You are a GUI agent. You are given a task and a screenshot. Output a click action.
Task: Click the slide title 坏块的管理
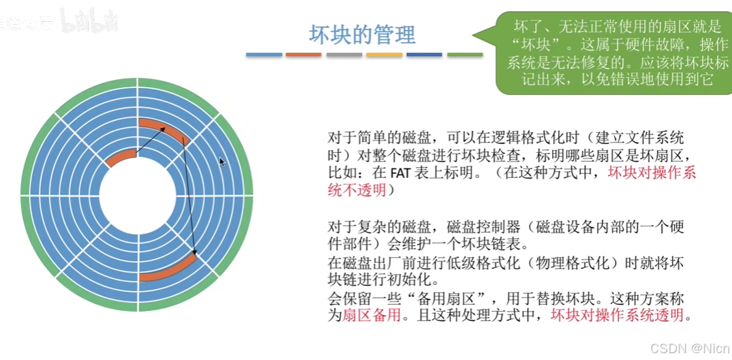coord(362,34)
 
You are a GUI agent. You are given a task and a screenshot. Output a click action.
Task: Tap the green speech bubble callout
coord(609,53)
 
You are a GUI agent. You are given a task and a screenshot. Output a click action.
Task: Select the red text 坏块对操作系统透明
coord(620,316)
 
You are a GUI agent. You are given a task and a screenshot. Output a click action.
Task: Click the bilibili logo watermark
coord(89,21)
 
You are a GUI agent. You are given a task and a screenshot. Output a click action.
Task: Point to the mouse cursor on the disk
coord(221,162)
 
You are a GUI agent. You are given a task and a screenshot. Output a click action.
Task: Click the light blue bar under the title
coord(264,55)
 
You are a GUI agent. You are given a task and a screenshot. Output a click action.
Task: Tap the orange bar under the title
coord(304,55)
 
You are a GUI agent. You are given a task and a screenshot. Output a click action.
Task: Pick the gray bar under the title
coord(344,55)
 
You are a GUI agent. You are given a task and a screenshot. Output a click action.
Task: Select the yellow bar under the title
coord(384,55)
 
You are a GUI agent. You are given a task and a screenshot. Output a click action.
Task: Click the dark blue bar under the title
coord(425,55)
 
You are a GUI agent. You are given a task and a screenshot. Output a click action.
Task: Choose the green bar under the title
coord(465,55)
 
